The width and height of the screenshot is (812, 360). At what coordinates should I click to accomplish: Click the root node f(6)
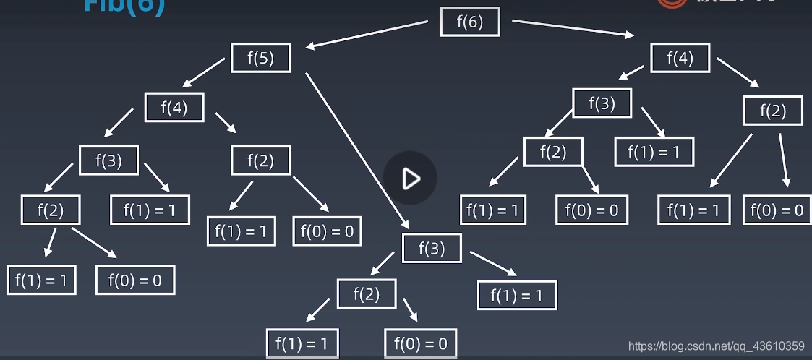[470, 22]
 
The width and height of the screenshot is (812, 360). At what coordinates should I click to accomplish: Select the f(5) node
[260, 58]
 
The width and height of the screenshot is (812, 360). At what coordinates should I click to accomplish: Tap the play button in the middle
[410, 179]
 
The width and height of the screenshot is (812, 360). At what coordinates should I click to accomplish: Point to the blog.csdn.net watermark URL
[716, 346]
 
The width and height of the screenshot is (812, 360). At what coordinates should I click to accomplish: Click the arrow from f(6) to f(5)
[367, 35]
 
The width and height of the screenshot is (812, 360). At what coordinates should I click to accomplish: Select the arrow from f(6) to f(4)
[573, 28]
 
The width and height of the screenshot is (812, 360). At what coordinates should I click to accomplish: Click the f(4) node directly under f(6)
[680, 58]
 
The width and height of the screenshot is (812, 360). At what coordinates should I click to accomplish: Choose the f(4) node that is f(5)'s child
[174, 108]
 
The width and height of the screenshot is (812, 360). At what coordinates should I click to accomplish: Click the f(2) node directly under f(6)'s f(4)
[773, 111]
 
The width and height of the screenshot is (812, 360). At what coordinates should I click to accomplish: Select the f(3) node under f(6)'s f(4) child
[602, 103]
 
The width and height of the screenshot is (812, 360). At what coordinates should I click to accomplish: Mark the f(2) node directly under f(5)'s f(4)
[260, 160]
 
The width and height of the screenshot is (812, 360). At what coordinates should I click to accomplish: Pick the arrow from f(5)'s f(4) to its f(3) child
[119, 123]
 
